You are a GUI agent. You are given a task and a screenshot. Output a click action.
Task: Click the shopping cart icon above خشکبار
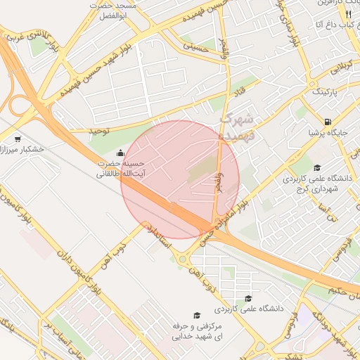(x=17, y=139)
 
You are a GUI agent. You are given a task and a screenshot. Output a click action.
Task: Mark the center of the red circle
(x=180, y=179)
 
